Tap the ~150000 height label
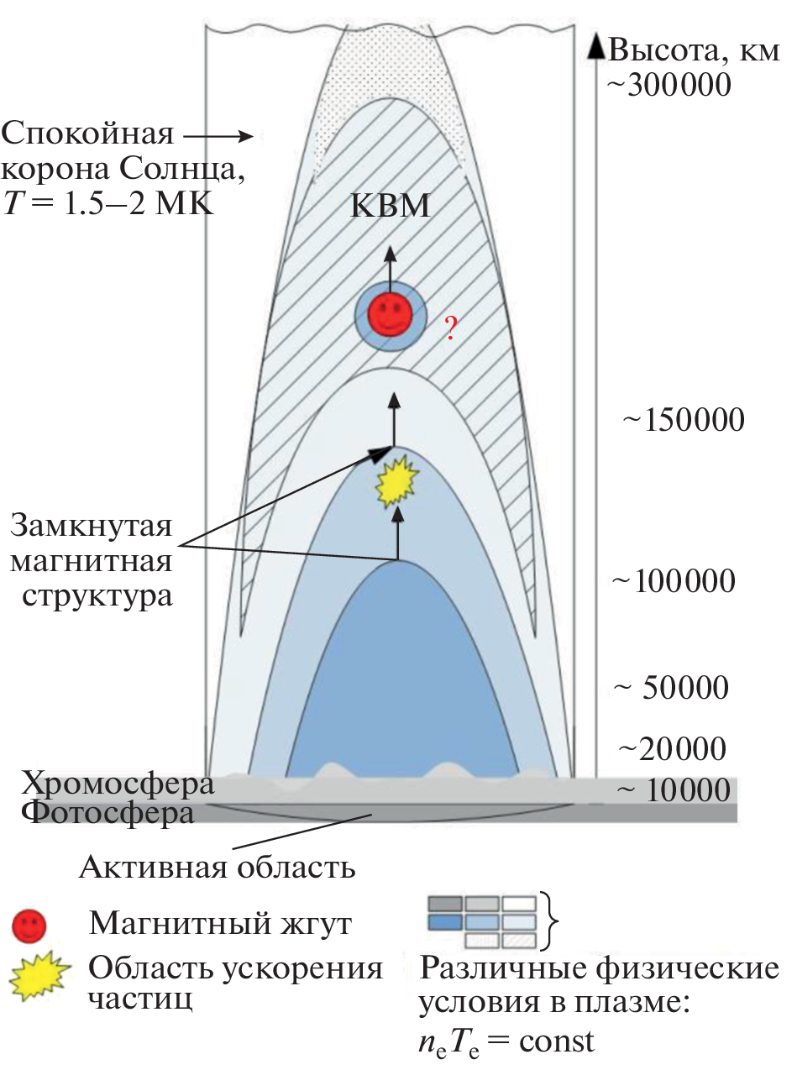[x=682, y=419]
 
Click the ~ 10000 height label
[x=672, y=790]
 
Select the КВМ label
[x=391, y=207]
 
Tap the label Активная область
[x=218, y=866]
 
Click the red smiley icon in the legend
[x=29, y=926]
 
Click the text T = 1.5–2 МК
[x=108, y=203]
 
